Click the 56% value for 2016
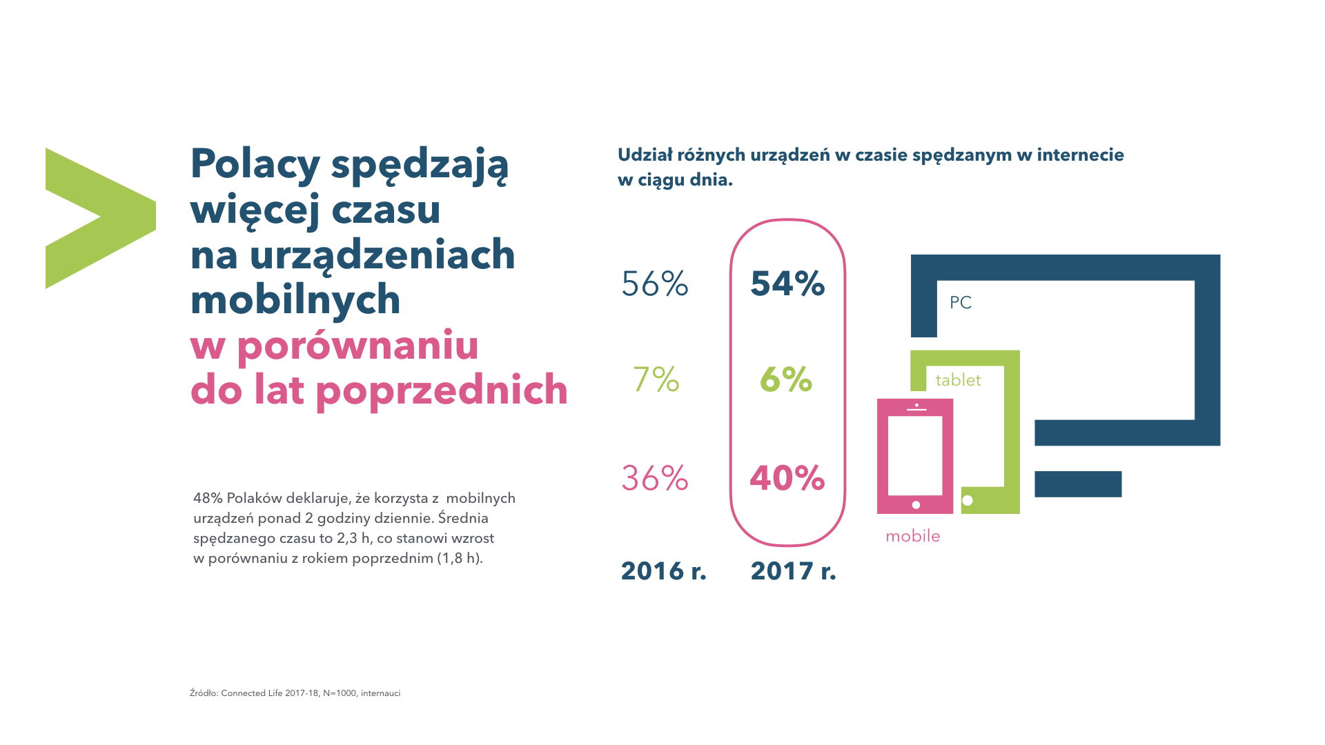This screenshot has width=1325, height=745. click(x=655, y=284)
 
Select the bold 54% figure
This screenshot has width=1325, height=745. click(x=787, y=284)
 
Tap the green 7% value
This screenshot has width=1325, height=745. click(x=656, y=379)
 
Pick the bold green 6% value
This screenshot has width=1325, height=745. click(x=786, y=379)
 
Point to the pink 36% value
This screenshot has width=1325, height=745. click(x=655, y=478)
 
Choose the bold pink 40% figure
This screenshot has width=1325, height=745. click(x=787, y=478)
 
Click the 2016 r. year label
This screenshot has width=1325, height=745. click(x=663, y=571)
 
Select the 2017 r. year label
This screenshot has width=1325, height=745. click(x=793, y=571)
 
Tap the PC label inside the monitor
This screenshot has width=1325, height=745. click(x=961, y=303)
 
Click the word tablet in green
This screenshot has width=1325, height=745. click(x=958, y=380)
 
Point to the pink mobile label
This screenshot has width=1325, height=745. click(x=912, y=536)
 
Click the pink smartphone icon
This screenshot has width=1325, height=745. click(x=915, y=456)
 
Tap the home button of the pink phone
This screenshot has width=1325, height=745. click(x=916, y=505)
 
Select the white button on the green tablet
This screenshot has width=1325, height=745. click(x=968, y=500)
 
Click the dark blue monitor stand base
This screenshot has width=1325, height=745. click(x=1078, y=484)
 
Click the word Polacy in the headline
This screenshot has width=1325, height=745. click(x=255, y=164)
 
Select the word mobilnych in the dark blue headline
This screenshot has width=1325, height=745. click(x=295, y=299)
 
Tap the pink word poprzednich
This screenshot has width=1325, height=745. click(x=442, y=390)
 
